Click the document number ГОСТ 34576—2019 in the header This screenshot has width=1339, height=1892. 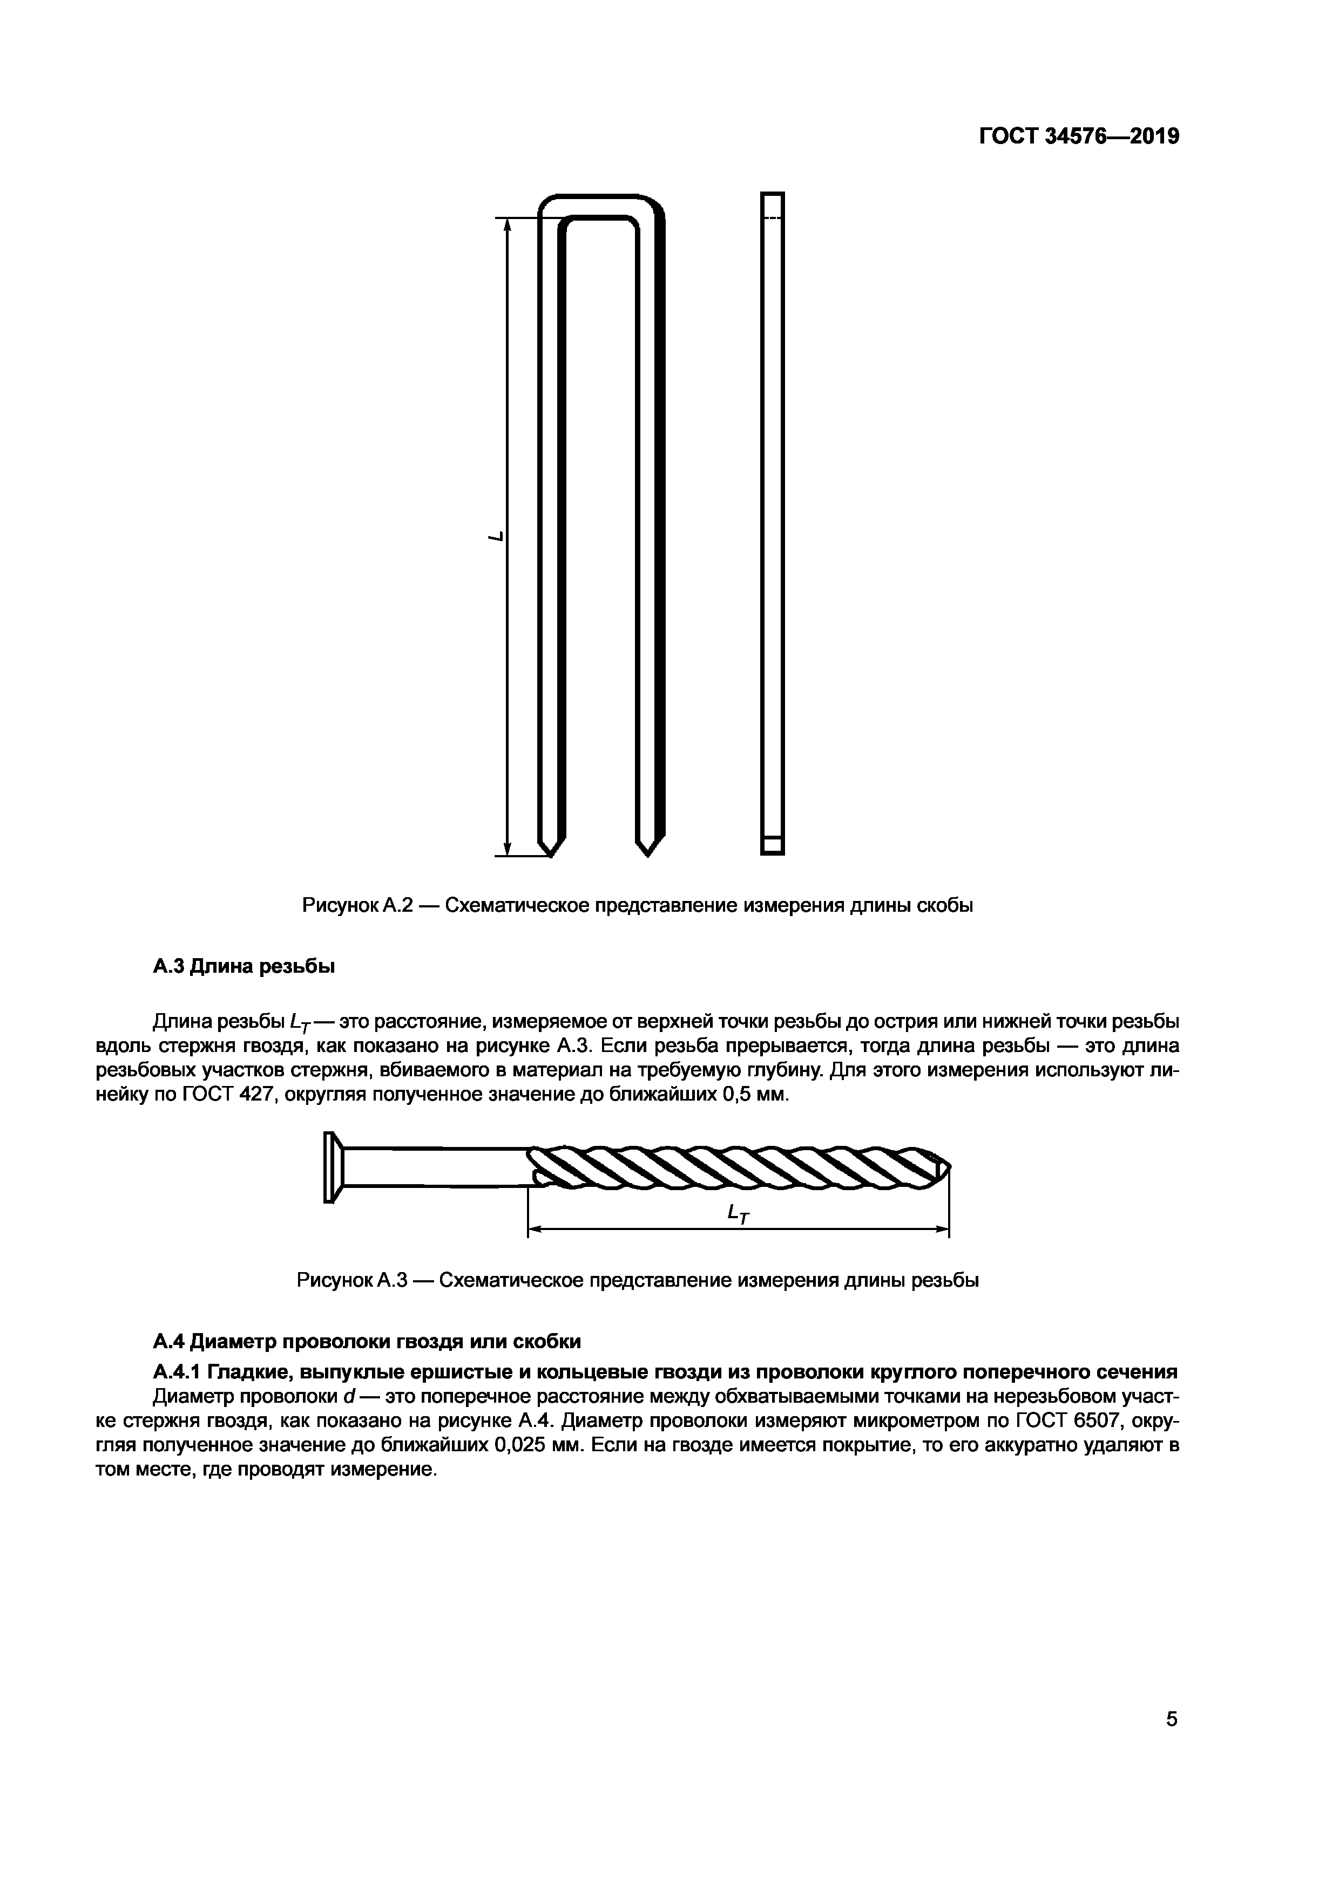coord(1079,136)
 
